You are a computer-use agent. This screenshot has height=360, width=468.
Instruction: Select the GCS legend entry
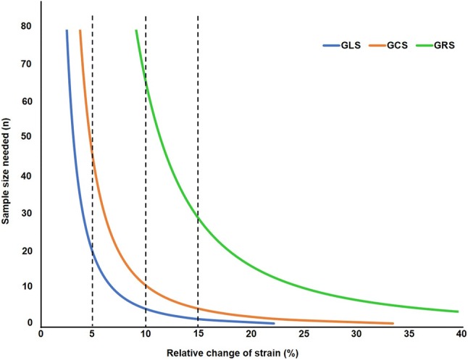(x=388, y=45)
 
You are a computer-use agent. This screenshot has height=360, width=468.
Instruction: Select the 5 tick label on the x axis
(x=92, y=336)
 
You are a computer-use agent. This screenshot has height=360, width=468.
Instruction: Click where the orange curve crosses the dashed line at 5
(x=92, y=154)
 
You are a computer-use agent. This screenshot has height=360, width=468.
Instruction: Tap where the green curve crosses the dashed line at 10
(x=146, y=84)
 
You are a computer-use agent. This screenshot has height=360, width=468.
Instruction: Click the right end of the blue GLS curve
(x=274, y=323)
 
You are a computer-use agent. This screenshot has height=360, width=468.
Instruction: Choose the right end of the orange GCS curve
(x=393, y=323)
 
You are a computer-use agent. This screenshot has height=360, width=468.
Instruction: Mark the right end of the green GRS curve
(x=459, y=311)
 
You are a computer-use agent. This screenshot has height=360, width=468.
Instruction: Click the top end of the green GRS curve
(x=135, y=30)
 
